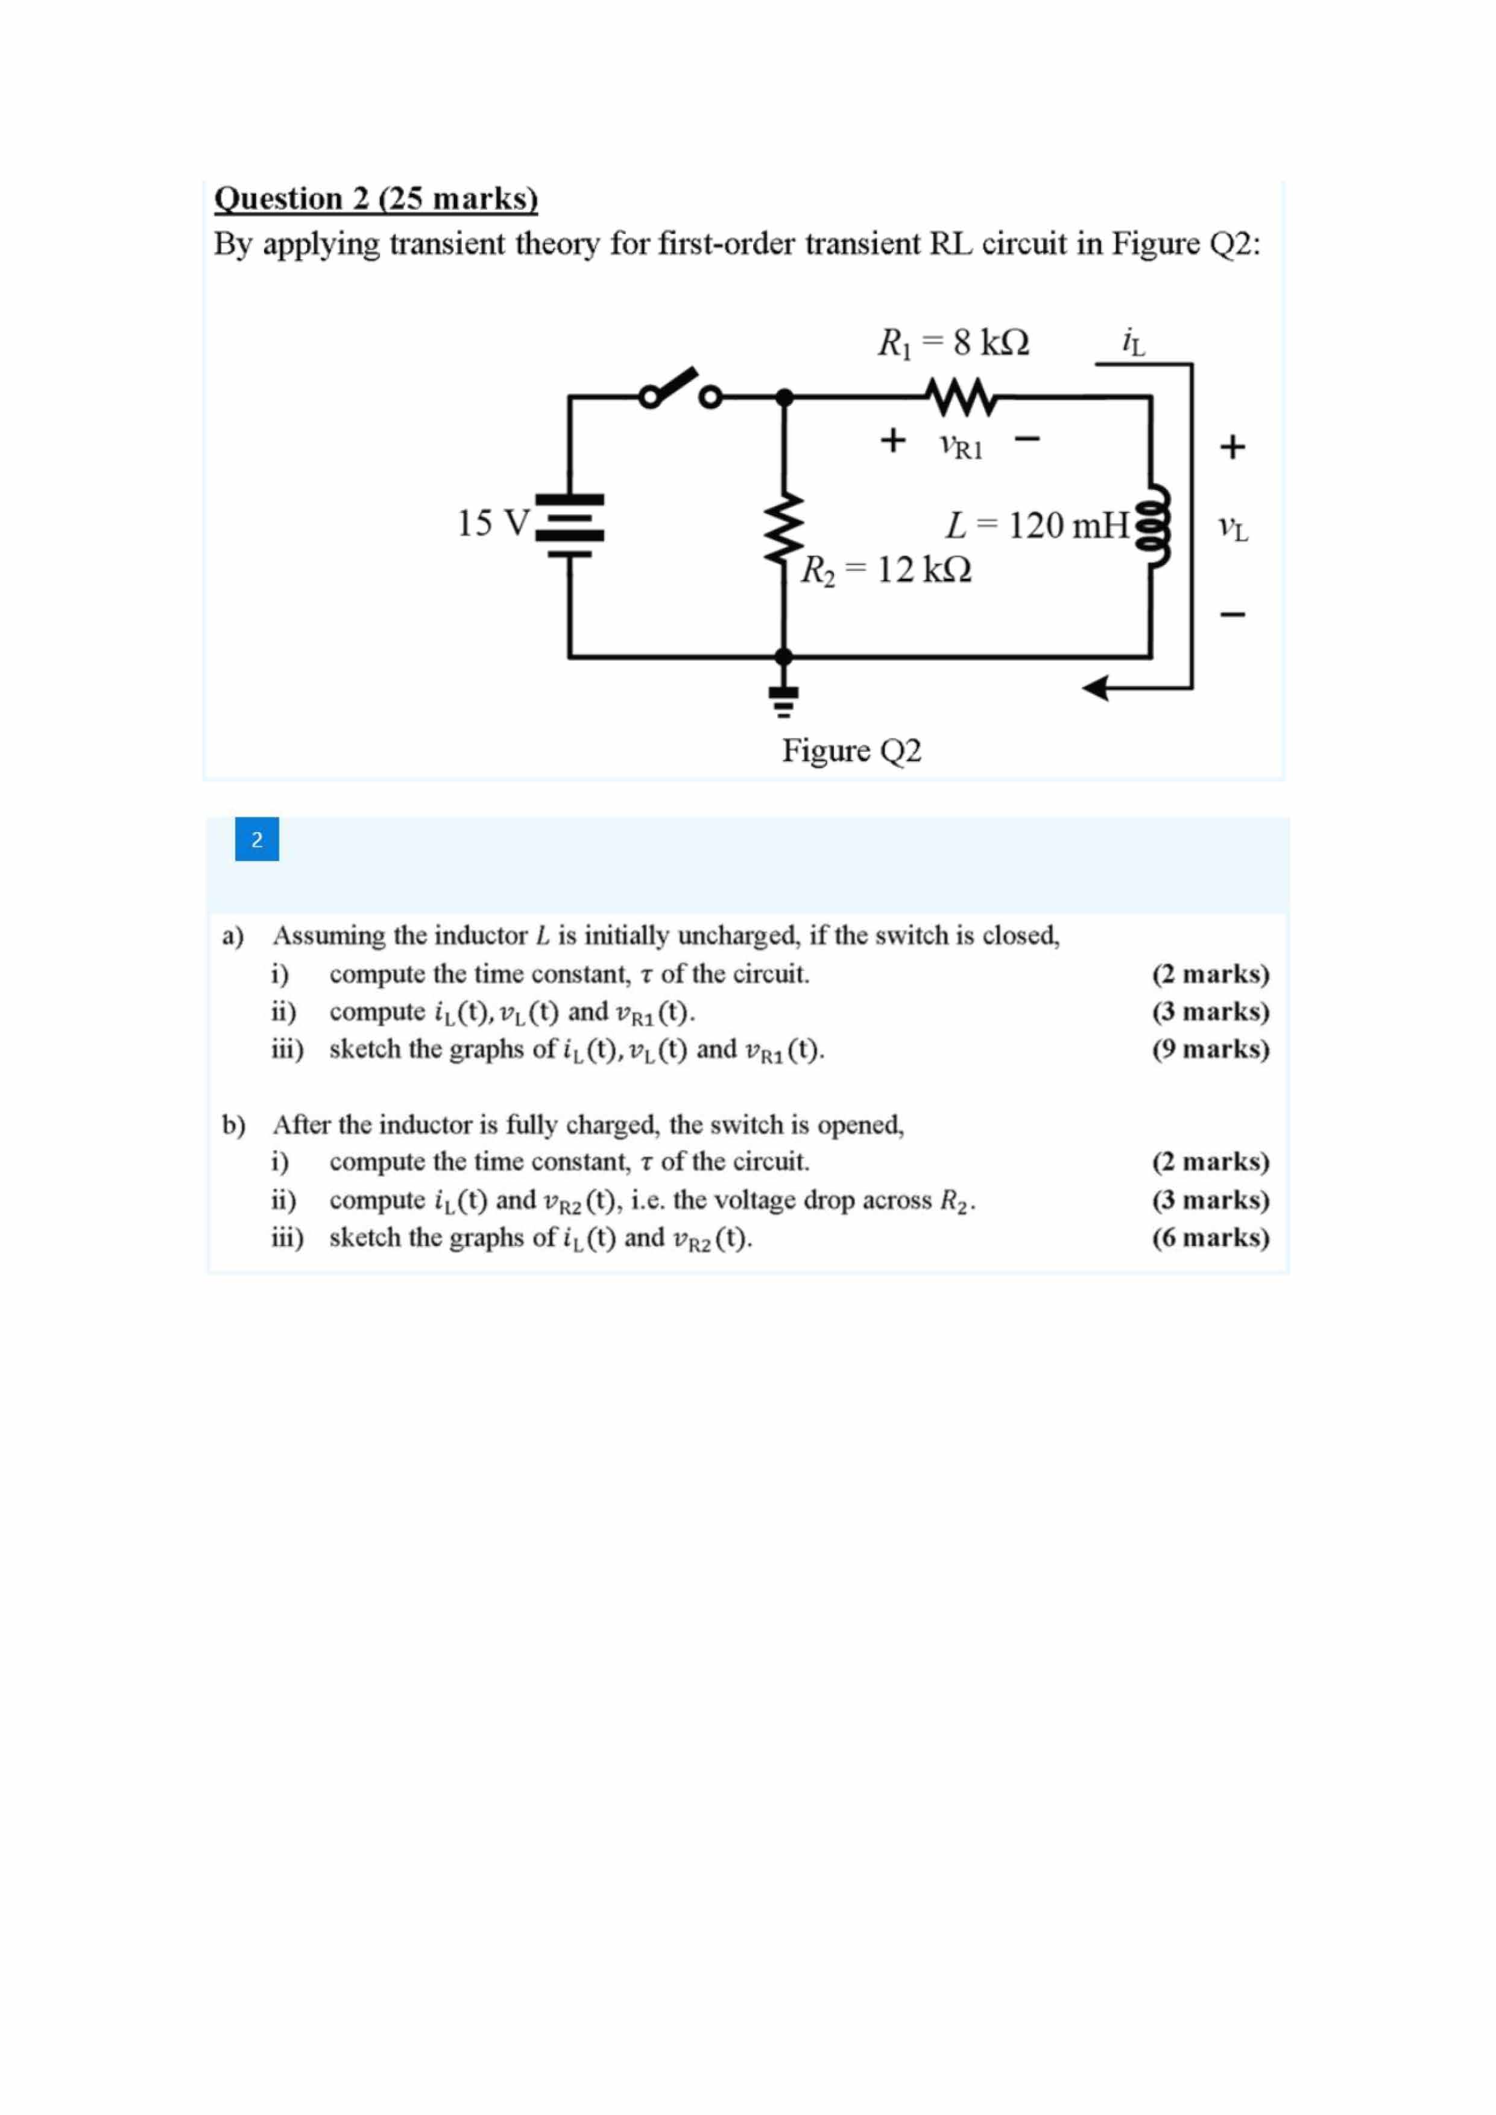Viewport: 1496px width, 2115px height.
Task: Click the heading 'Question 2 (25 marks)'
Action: point(376,199)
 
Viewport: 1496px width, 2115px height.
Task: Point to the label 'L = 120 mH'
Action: point(1037,526)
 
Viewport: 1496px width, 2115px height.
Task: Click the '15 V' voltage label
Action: point(493,523)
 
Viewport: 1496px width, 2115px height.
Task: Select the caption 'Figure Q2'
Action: point(851,751)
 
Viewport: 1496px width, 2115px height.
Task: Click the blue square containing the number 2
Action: point(257,839)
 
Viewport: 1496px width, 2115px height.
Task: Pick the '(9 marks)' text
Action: point(1210,1049)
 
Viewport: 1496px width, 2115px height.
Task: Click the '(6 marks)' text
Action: point(1210,1237)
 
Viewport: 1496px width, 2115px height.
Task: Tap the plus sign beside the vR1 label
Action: point(892,440)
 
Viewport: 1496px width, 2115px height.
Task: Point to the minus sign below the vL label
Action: point(1232,614)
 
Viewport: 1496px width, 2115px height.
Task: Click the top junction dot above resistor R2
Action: point(784,397)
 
